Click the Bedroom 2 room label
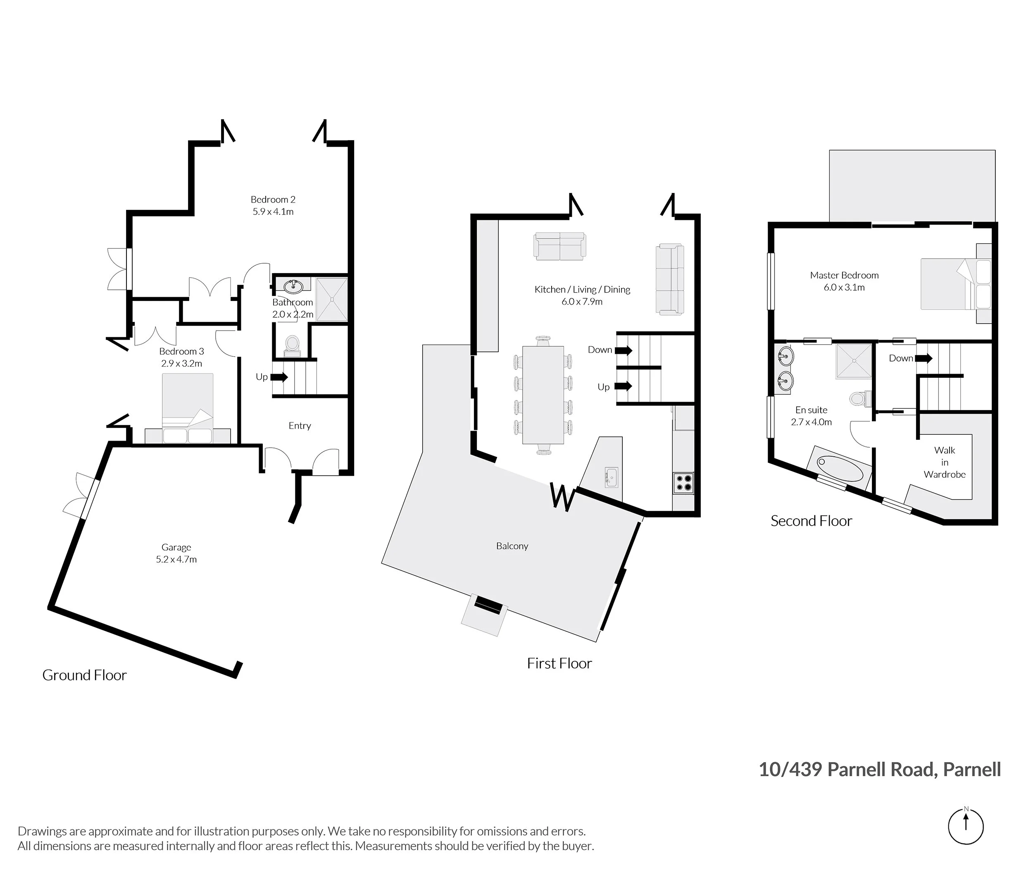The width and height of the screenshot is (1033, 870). [273, 199]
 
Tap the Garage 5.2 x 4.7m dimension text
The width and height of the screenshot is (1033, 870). [176, 559]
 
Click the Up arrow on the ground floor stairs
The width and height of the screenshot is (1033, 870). [279, 377]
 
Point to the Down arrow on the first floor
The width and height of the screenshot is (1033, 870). [623, 350]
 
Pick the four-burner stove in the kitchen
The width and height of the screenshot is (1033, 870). [683, 482]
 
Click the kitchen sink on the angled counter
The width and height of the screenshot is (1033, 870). [612, 477]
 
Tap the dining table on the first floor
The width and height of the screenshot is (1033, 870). [543, 395]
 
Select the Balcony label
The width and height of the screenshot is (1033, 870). [512, 546]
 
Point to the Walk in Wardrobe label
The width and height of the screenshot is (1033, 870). [944, 462]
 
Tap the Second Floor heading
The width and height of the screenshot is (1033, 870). [811, 521]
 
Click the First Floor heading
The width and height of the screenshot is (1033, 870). [559, 663]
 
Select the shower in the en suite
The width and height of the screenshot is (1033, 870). [854, 361]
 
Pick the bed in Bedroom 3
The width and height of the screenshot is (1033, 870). [187, 408]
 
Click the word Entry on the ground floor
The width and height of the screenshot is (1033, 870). [300, 426]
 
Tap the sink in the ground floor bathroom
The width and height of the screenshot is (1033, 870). [294, 286]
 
